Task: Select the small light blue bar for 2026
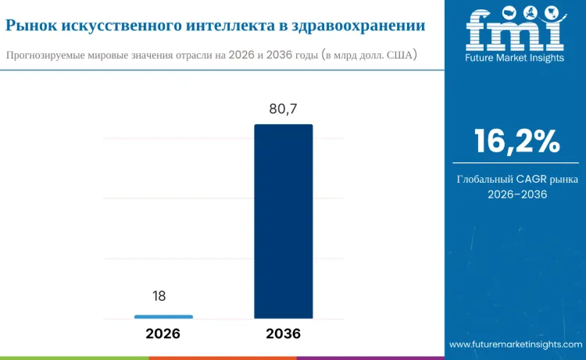[x=163, y=316]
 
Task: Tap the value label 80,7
[x=283, y=109]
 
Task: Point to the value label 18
[x=159, y=296]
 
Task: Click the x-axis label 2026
[x=163, y=333]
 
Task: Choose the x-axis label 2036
[x=283, y=333]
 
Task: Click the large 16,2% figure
[x=516, y=141]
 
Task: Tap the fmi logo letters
[x=516, y=32]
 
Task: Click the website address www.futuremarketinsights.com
[x=516, y=344]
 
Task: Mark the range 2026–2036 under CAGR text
[x=516, y=194]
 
